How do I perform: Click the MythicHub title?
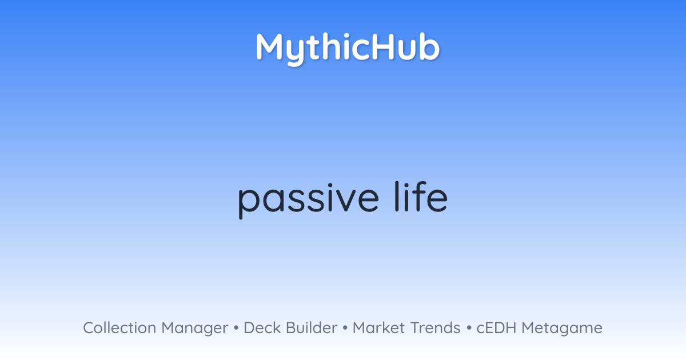point(348,49)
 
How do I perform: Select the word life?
point(421,196)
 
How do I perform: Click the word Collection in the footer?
point(119,328)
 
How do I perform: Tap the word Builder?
point(312,328)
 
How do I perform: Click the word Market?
point(379,328)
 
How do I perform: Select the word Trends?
point(435,328)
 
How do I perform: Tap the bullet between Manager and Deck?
point(236,328)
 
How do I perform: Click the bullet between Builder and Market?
point(345,328)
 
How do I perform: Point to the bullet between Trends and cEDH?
point(469,328)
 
